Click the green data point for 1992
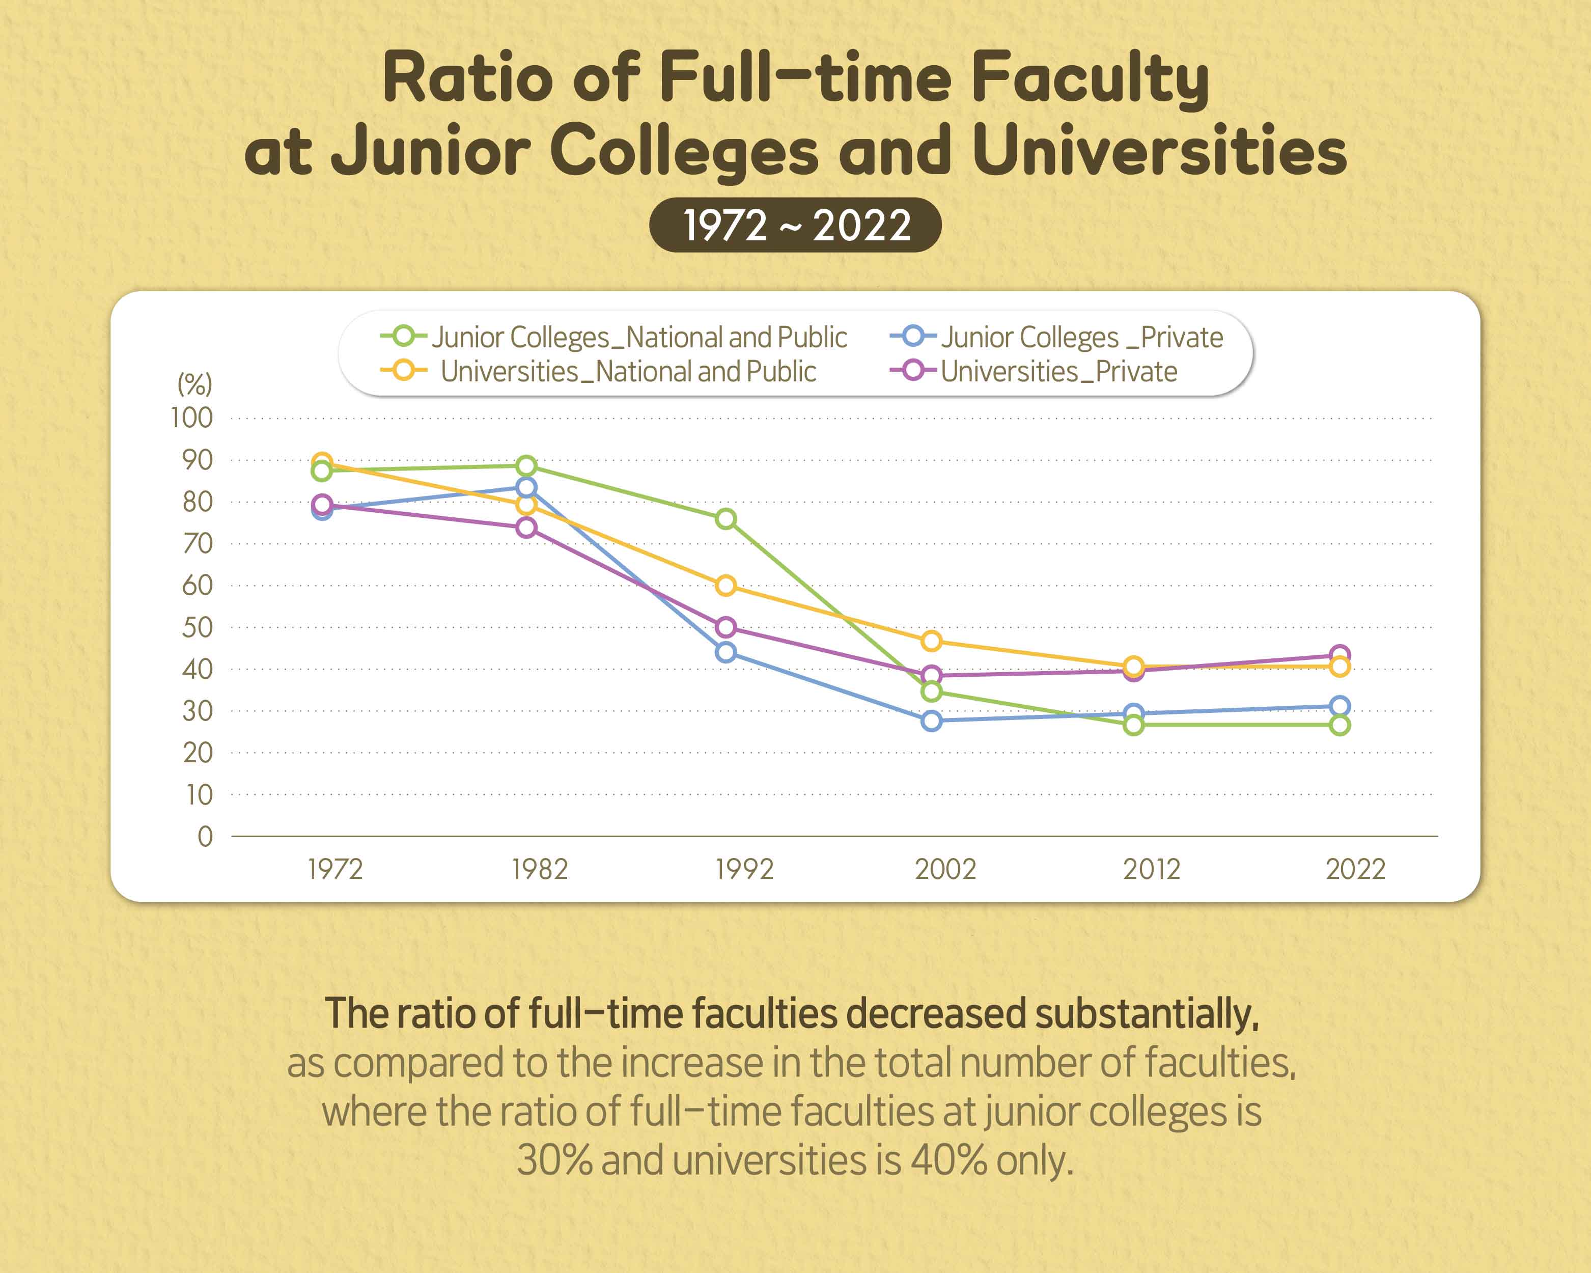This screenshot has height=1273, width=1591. tap(725, 519)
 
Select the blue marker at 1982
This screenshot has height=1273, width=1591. tap(526, 487)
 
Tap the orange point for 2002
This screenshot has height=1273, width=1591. tap(931, 641)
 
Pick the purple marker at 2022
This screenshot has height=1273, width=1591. tap(1339, 655)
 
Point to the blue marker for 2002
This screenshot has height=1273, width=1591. tap(931, 720)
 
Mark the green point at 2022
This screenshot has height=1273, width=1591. tap(1339, 725)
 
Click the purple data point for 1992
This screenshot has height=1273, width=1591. tap(725, 627)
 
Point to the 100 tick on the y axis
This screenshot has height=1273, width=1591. tap(192, 418)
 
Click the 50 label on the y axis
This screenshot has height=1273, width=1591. tap(197, 627)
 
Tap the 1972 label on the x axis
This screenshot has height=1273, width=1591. tap(335, 869)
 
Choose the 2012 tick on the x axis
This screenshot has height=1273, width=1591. tap(1151, 869)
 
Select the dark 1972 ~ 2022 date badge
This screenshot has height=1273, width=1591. tap(795, 225)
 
